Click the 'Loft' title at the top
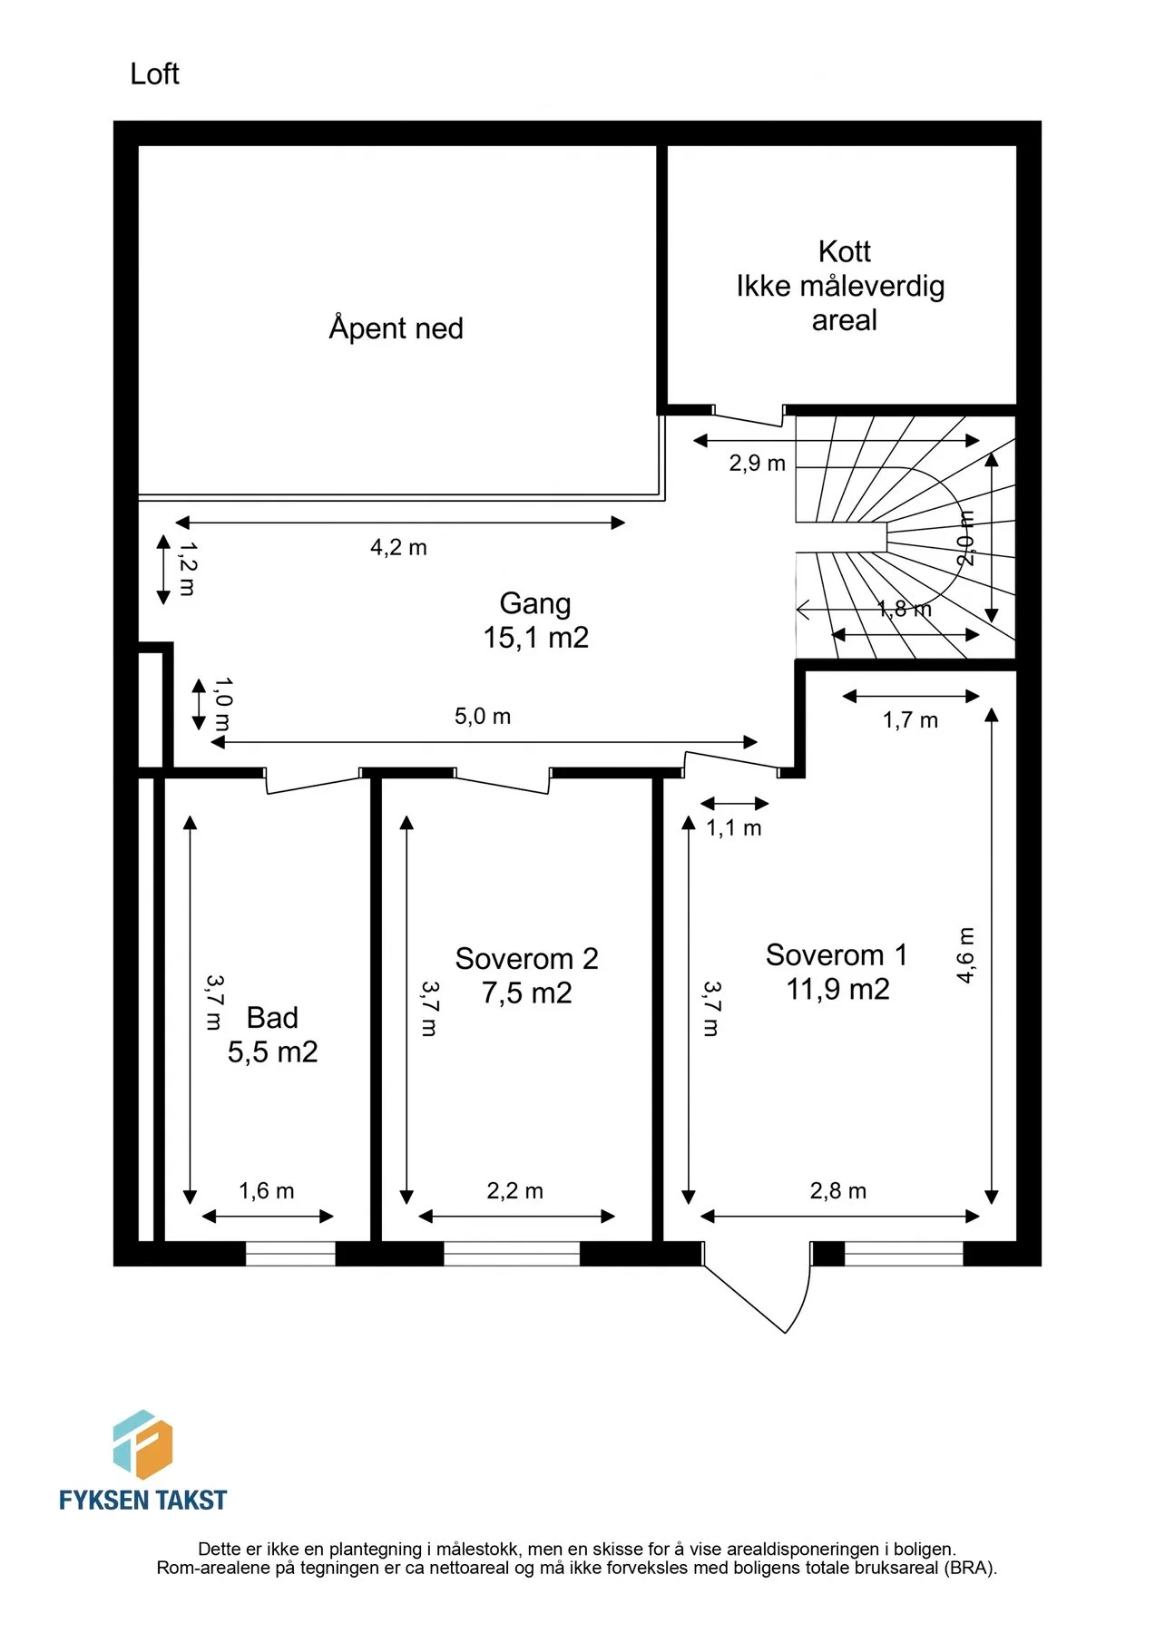(x=154, y=73)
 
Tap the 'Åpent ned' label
(x=396, y=328)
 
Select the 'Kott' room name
(x=844, y=251)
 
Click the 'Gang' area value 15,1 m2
(x=535, y=638)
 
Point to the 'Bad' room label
(x=272, y=1018)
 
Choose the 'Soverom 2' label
(x=526, y=959)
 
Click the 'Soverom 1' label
(x=836, y=955)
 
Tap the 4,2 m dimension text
(x=398, y=547)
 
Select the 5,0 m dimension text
(x=483, y=717)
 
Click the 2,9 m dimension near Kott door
(x=757, y=464)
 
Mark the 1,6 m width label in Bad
(x=267, y=1191)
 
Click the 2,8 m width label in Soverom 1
(x=838, y=1191)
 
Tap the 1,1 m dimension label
(x=734, y=828)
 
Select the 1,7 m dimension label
(x=910, y=720)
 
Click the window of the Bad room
(x=290, y=1254)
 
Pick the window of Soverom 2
(x=512, y=1254)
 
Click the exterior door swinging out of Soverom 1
(x=757, y=1287)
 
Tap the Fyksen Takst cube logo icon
(x=142, y=1445)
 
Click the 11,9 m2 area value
(x=837, y=990)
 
